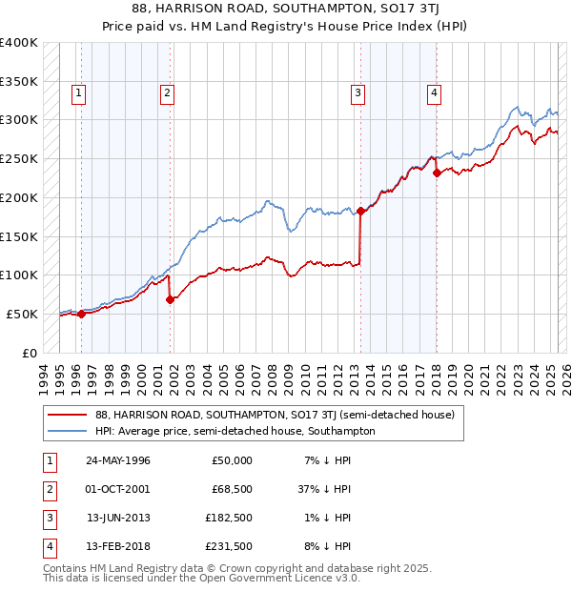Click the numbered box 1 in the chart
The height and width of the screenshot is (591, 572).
(x=77, y=92)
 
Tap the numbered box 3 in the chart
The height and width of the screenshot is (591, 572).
(x=357, y=92)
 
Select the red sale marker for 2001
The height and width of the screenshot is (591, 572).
(x=171, y=299)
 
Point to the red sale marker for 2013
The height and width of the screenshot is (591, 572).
(x=361, y=211)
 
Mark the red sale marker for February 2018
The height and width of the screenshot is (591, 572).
(x=437, y=173)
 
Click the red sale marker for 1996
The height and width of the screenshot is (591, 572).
(x=82, y=313)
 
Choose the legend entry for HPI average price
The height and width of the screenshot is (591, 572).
(x=235, y=431)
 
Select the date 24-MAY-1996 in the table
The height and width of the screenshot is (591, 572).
(x=118, y=460)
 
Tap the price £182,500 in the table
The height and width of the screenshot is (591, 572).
(x=229, y=518)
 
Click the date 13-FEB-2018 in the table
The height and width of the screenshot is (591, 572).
(x=118, y=546)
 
